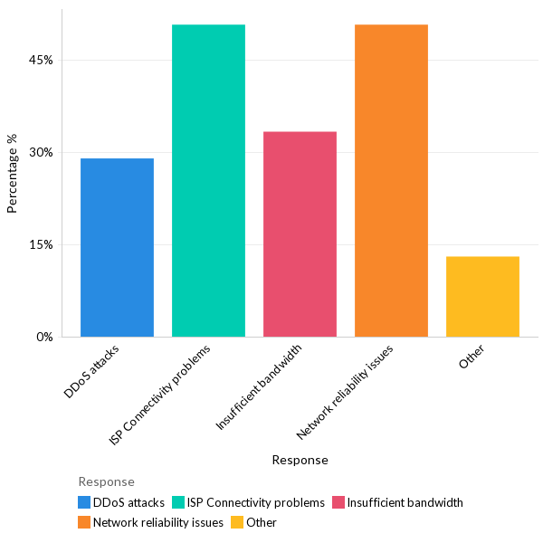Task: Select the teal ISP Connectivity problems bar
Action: point(208,181)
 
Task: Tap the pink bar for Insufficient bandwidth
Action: point(300,234)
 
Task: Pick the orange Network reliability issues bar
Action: point(391,181)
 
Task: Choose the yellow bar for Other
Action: point(482,297)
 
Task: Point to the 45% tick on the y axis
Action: point(42,61)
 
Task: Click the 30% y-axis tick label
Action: point(42,153)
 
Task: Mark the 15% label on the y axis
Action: point(42,245)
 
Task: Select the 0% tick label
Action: point(44,338)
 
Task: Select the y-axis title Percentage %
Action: point(13,174)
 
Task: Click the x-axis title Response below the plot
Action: point(300,460)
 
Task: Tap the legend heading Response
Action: point(106,482)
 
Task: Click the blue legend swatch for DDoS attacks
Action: point(84,502)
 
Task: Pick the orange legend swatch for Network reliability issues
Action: point(84,522)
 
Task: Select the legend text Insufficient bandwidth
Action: point(405,502)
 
